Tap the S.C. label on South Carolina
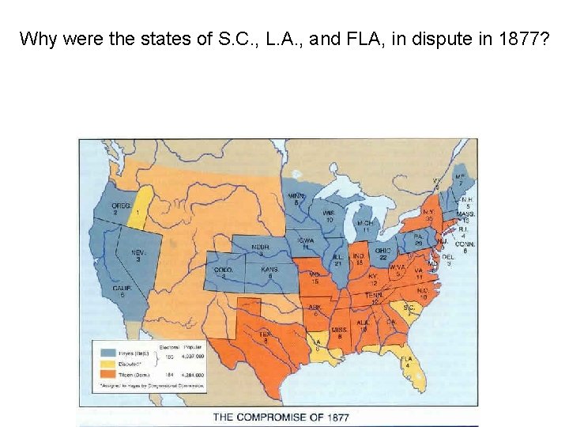[409, 307]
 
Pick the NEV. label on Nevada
[138, 255]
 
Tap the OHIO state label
[383, 252]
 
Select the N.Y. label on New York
[428, 213]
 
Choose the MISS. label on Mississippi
[339, 331]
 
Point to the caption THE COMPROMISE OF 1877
[281, 416]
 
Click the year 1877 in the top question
[517, 38]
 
